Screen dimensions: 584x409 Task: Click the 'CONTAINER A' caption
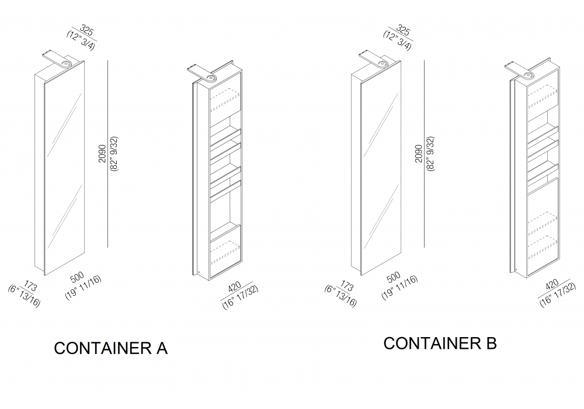pyautogui.click(x=110, y=348)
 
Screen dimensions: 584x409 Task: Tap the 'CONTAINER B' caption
pyautogui.click(x=440, y=343)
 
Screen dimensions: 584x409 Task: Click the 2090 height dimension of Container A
pyautogui.click(x=103, y=154)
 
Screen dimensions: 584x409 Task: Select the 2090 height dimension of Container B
pyautogui.click(x=419, y=154)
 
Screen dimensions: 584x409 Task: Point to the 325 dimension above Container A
pyautogui.click(x=86, y=31)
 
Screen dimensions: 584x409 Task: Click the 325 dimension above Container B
pyautogui.click(x=403, y=31)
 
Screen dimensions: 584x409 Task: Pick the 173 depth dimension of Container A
pyautogui.click(x=30, y=286)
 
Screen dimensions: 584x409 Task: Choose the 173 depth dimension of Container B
pyautogui.click(x=347, y=286)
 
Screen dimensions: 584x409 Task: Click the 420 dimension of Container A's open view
pyautogui.click(x=234, y=288)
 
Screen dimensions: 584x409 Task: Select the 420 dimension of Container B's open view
pyautogui.click(x=552, y=285)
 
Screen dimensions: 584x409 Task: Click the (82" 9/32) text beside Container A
pyautogui.click(x=114, y=154)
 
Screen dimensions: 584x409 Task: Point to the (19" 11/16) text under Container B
pyautogui.click(x=399, y=287)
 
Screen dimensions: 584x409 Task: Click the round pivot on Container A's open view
pyautogui.click(x=211, y=78)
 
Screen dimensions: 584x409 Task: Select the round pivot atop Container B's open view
pyautogui.click(x=529, y=75)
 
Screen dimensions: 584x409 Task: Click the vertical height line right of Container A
pyautogui.click(x=108, y=154)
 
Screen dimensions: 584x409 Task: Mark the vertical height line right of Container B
pyautogui.click(x=424, y=154)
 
